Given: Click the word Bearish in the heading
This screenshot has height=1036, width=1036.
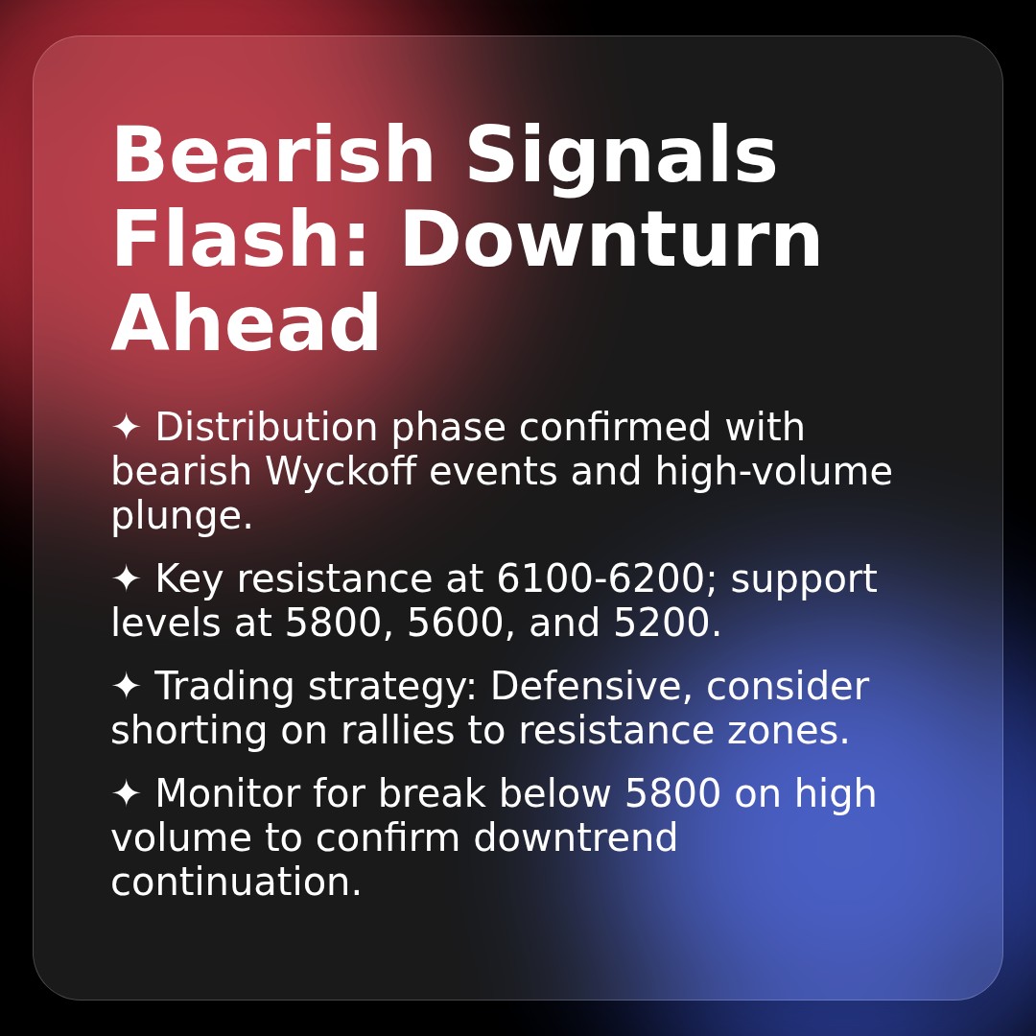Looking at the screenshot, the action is coord(272,153).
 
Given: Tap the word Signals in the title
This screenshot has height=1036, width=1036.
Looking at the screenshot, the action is coord(621,158).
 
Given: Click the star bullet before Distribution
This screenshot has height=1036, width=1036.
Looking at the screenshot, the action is coord(126,427).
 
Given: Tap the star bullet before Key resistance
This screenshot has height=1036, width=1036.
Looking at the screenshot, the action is coord(126,578).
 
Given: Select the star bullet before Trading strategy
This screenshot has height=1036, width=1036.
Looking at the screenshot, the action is coord(126,686).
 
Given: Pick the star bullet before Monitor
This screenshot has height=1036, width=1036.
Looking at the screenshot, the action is coord(126,793).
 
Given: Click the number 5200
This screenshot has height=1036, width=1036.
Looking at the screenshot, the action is coord(667,624).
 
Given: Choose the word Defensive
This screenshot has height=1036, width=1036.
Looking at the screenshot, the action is coord(591,687).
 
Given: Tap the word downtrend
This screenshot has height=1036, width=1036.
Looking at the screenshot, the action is coord(576,837).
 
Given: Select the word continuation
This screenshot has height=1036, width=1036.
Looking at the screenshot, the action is coord(236,882).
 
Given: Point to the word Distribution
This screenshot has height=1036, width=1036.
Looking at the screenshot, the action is coord(267,427).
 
